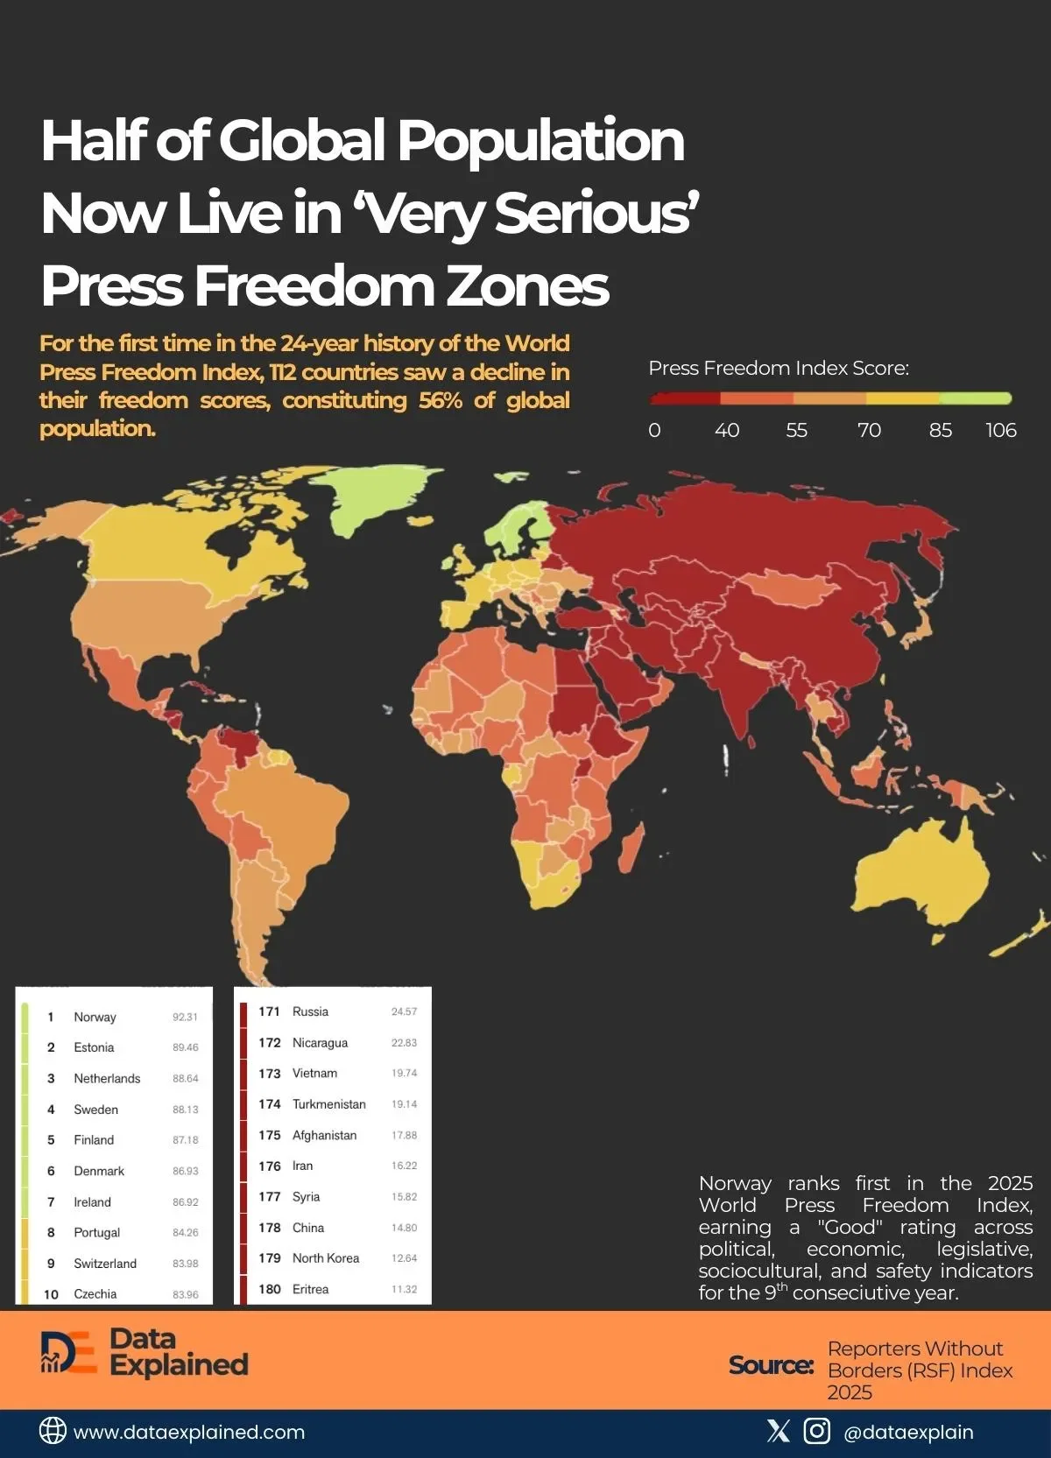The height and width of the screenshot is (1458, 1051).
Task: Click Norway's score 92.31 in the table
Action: pos(185,1017)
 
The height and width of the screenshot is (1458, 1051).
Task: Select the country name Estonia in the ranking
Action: pos(94,1047)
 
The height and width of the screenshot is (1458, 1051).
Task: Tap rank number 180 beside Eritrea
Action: pos(269,1289)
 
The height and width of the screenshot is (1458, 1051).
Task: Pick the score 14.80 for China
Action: pos(404,1228)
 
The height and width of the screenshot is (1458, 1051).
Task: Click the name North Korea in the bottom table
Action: pos(326,1258)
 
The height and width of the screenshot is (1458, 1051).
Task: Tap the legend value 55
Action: pos(796,430)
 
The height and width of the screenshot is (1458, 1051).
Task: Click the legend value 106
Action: pos(1000,430)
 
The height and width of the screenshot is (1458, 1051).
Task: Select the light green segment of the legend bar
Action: pos(975,398)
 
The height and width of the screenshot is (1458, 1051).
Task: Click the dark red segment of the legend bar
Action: pos(685,398)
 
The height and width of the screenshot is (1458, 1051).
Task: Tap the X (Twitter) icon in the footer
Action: pos(778,1431)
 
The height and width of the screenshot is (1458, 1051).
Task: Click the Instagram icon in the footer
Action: pos(817,1431)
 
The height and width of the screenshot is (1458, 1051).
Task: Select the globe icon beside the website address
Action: pos(53,1431)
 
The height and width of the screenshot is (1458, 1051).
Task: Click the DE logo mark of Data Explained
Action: pos(68,1353)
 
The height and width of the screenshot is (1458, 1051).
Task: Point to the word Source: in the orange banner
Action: pos(771,1365)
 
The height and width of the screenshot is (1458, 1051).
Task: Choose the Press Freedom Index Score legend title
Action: pos(778,368)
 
